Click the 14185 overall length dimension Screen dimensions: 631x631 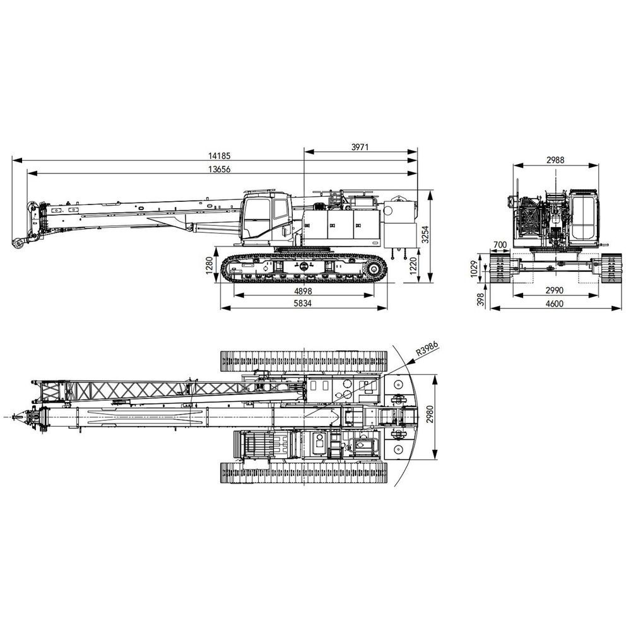click(x=220, y=156)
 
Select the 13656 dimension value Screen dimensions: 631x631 click(x=220, y=169)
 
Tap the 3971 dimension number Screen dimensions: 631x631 click(x=360, y=147)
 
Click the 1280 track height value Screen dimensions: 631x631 click(x=209, y=265)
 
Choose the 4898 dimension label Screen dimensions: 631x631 click(x=304, y=291)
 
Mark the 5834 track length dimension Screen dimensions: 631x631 click(x=304, y=304)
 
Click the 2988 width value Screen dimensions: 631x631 click(x=555, y=160)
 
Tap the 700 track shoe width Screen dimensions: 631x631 click(x=500, y=244)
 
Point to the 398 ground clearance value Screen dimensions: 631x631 click(x=480, y=299)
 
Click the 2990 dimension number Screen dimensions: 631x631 click(x=555, y=290)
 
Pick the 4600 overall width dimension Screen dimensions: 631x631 click(x=555, y=304)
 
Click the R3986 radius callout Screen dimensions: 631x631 click(x=427, y=349)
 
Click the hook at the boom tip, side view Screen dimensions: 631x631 click(x=17, y=244)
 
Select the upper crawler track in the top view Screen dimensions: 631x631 click(x=304, y=361)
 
